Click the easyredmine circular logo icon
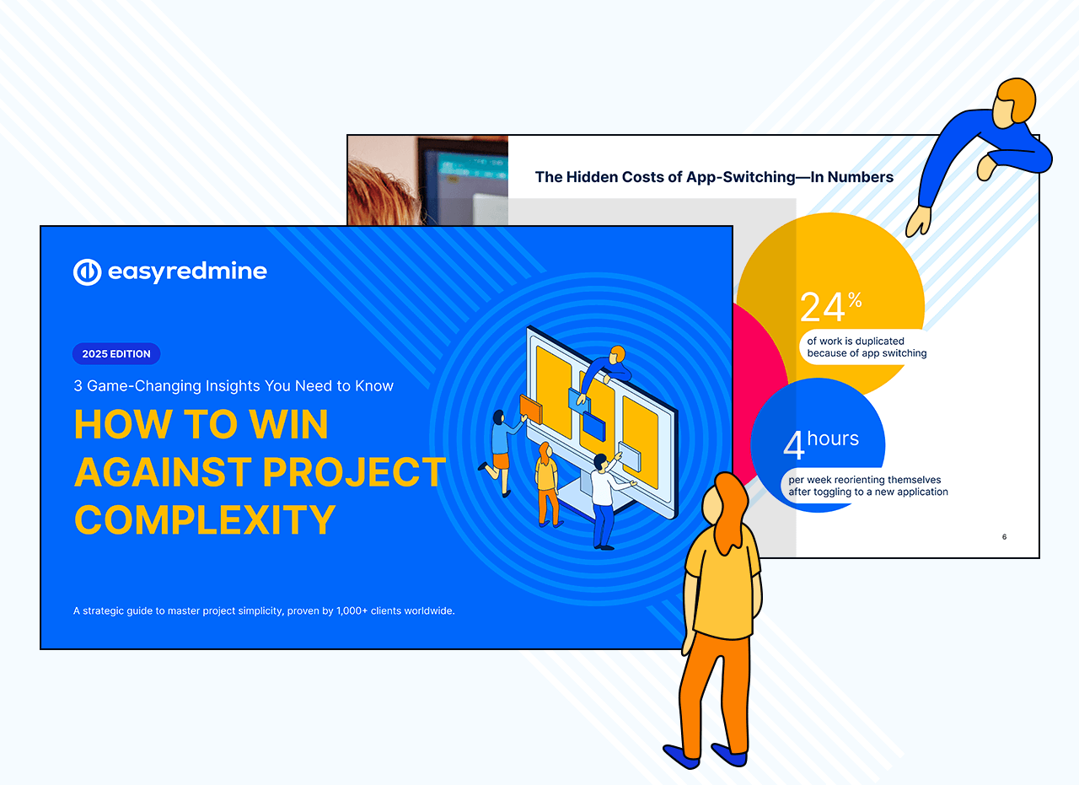click(87, 272)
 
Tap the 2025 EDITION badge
click(116, 353)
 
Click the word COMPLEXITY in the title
click(205, 520)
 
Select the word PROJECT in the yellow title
click(355, 472)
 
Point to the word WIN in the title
click(288, 424)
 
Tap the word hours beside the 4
click(833, 438)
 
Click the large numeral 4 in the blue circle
click(794, 445)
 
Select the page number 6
click(1004, 537)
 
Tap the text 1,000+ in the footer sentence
click(352, 611)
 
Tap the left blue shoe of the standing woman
click(680, 756)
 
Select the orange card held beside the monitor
click(531, 410)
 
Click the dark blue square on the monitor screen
click(594, 426)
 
